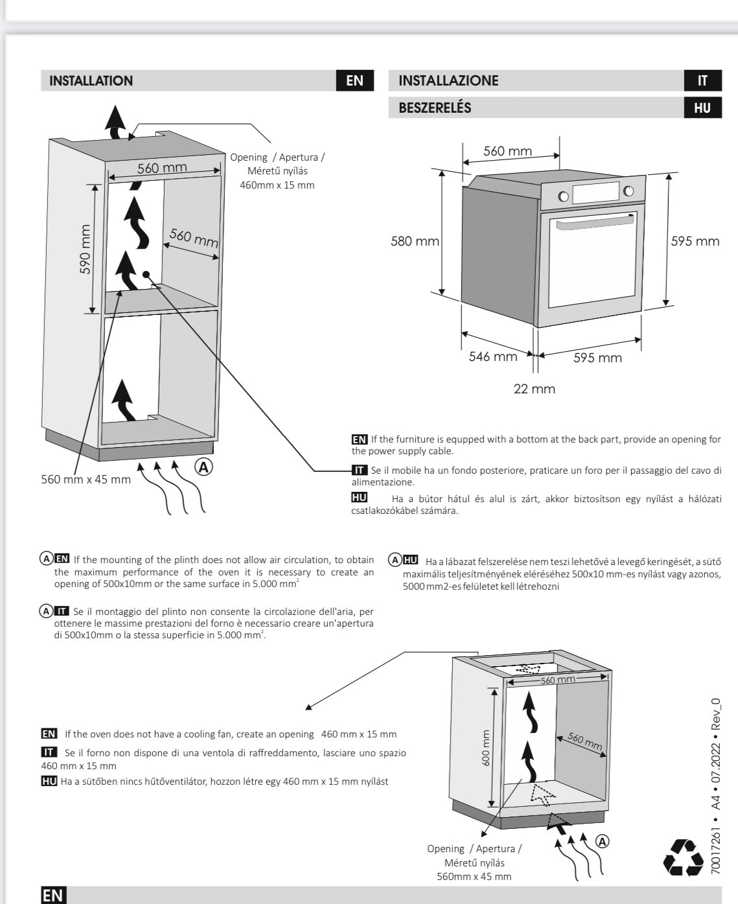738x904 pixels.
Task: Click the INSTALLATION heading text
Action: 91,81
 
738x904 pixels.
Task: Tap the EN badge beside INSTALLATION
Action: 355,81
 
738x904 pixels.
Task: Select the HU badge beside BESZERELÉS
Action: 702,108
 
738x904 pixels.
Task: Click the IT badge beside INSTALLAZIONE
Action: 702,81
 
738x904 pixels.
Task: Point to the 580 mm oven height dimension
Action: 415,241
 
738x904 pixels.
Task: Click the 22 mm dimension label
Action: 534,389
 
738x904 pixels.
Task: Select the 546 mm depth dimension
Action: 493,356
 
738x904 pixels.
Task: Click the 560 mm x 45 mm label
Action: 86,480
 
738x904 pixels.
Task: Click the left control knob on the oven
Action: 563,196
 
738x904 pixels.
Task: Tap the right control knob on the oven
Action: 628,191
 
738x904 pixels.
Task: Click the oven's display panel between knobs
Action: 595,192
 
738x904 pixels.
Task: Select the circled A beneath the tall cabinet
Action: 204,467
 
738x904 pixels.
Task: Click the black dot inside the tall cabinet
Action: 146,274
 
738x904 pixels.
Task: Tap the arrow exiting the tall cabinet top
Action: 117,122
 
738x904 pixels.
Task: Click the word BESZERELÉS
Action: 435,108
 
